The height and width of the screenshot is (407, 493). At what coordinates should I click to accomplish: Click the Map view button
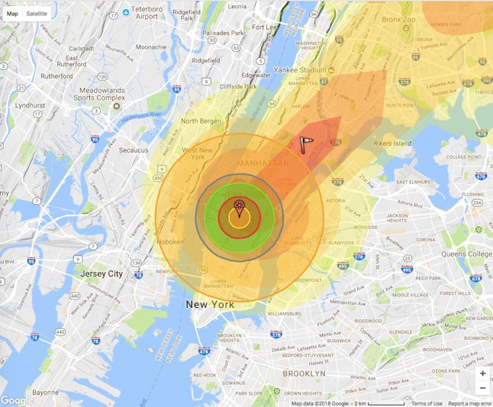pyautogui.click(x=12, y=13)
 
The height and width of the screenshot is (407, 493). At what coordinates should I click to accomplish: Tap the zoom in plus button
pyautogui.click(x=482, y=374)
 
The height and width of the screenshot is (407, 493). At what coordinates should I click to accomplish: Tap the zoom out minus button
pyautogui.click(x=482, y=388)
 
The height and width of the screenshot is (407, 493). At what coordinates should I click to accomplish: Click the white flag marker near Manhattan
pyautogui.click(x=306, y=144)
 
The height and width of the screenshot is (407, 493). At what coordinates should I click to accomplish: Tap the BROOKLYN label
pyautogui.click(x=304, y=373)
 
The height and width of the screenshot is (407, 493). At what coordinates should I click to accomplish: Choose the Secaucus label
pyautogui.click(x=133, y=150)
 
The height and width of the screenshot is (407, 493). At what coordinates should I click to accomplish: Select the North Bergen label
pyautogui.click(x=200, y=121)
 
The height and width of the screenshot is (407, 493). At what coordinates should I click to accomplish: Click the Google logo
pyautogui.click(x=17, y=399)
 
